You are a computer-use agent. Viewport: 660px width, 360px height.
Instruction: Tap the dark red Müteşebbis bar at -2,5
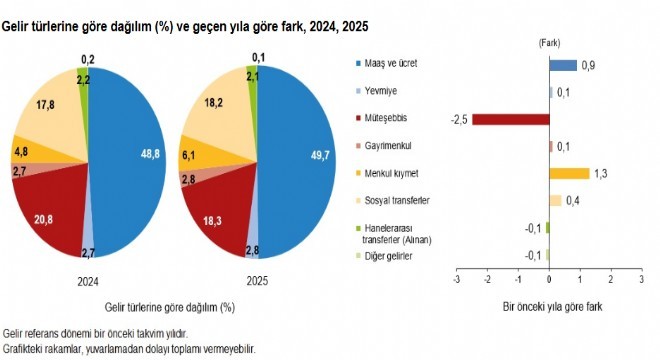(510, 119)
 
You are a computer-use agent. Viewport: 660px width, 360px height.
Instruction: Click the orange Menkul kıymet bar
(569, 173)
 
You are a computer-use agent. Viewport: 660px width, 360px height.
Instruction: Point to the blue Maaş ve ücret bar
(563, 65)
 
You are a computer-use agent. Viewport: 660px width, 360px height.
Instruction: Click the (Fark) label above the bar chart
(550, 43)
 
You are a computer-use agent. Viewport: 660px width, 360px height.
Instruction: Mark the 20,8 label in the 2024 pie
(42, 219)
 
